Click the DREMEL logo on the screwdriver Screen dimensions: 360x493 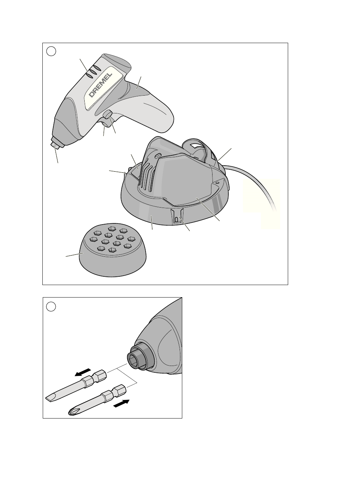pyautogui.click(x=101, y=85)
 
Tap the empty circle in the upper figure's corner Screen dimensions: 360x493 pyautogui.click(x=51, y=51)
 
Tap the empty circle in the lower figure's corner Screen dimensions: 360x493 pyautogui.click(x=51, y=306)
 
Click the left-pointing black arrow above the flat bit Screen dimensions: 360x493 pyautogui.click(x=82, y=372)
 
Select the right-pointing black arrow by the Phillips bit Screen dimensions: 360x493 pyautogui.click(x=121, y=403)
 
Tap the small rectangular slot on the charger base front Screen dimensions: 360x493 pyautogui.click(x=176, y=220)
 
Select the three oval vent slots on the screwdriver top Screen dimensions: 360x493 pyautogui.click(x=93, y=72)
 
